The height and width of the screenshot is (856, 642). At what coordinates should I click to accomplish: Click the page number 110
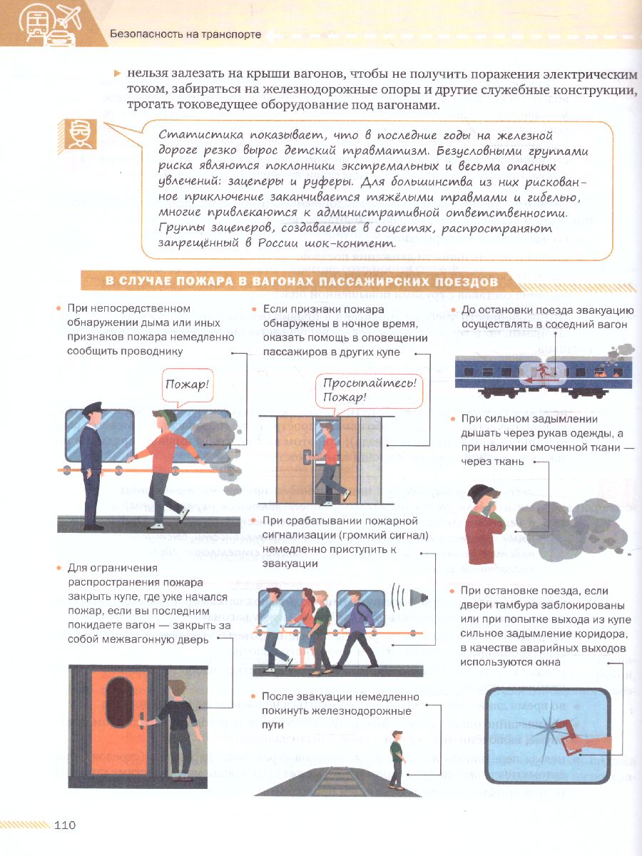click(65, 825)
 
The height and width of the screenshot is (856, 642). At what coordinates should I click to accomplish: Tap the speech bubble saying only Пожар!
click(188, 386)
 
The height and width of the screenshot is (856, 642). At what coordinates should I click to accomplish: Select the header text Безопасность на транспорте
click(185, 34)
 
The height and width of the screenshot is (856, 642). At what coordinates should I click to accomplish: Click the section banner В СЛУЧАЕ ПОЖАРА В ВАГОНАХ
click(302, 282)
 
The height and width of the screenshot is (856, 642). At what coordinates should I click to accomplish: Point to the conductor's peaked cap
click(93, 408)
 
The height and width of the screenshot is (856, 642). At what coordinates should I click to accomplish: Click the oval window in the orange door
click(119, 703)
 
